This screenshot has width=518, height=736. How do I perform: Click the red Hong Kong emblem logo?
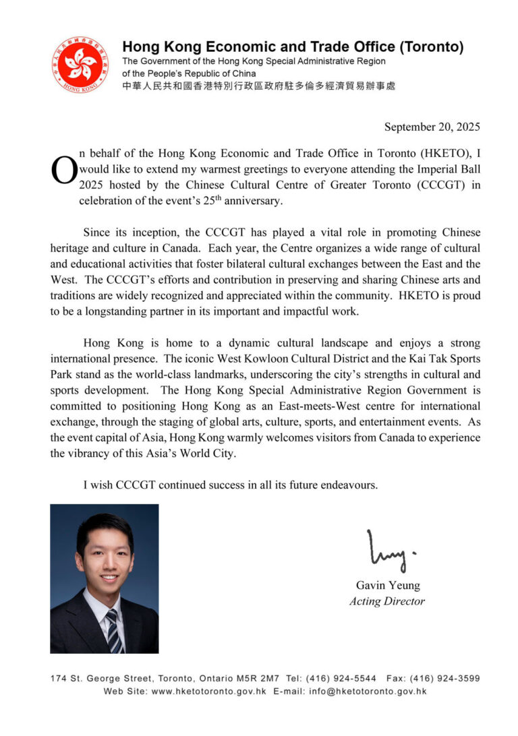tap(80, 65)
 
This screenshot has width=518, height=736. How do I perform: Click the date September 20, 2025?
tap(432, 127)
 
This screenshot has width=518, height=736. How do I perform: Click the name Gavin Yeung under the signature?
tap(387, 585)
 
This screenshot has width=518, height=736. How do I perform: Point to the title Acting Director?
tap(387, 601)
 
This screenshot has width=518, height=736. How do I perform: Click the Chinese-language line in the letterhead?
tap(258, 86)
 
